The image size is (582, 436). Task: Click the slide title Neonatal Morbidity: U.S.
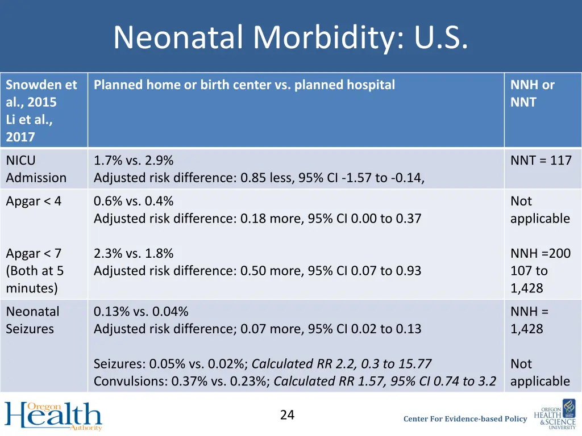[290, 37]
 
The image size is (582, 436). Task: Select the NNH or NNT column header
[532, 94]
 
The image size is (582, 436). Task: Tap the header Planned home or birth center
[244, 85]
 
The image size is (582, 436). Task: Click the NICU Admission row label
[36, 169]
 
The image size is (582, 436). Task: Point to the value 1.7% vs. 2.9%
[134, 161]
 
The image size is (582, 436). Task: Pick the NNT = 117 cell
[541, 161]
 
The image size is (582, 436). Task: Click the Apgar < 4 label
[34, 201]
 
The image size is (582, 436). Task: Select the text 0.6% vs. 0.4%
[134, 201]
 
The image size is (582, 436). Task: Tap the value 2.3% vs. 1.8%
[134, 253]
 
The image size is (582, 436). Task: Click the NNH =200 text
[540, 253]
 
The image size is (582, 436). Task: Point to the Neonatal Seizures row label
[32, 320]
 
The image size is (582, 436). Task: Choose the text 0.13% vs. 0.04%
[141, 311]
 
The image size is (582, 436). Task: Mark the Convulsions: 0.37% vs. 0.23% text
[181, 381]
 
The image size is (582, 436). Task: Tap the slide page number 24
[287, 415]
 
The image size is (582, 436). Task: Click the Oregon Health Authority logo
[53, 416]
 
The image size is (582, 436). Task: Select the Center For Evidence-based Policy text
[465, 419]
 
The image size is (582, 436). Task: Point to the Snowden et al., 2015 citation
[41, 94]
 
